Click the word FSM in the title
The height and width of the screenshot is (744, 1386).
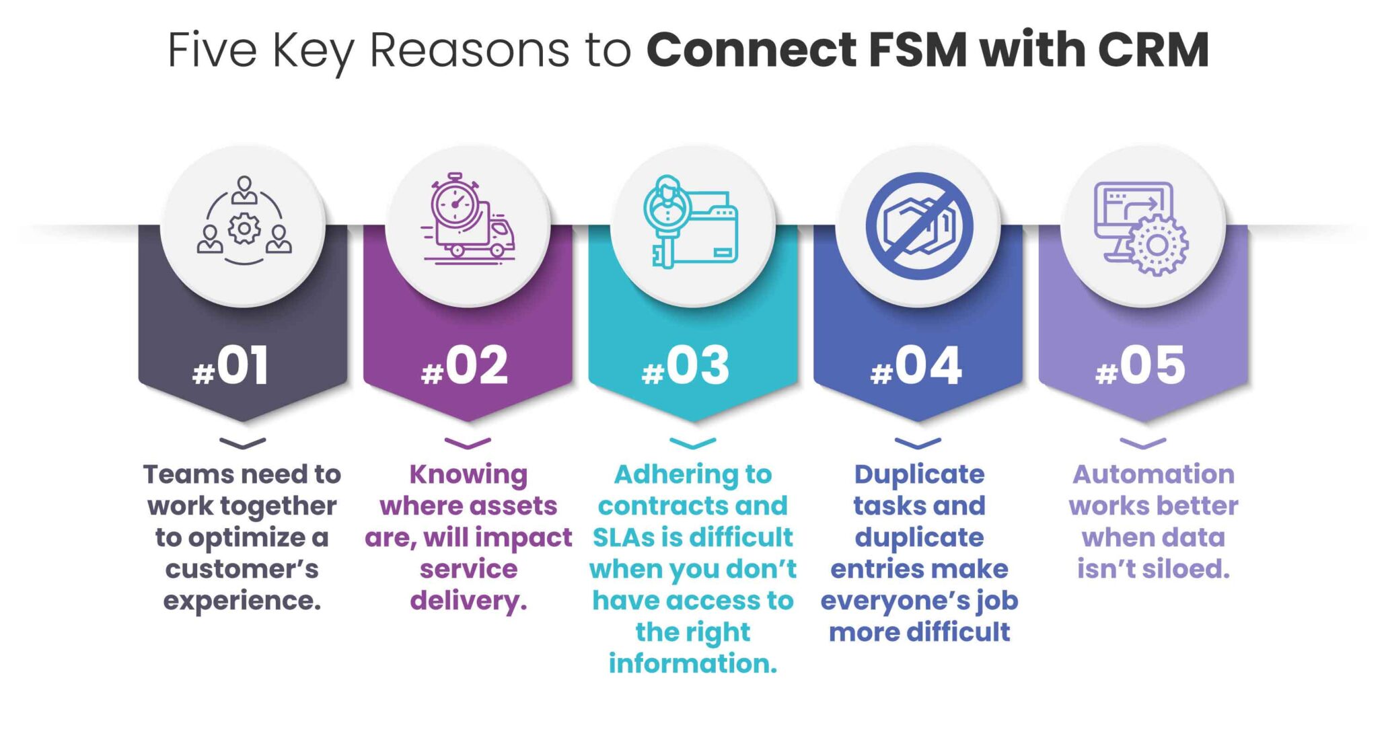918,50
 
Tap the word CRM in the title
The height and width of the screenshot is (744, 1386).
1153,50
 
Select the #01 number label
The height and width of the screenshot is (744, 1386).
231,367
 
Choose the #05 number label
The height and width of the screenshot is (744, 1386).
1141,367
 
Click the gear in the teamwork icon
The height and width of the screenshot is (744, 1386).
244,229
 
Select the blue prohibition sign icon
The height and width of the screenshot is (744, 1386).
919,226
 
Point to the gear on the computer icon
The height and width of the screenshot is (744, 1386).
1157,246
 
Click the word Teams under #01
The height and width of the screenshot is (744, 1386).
178,474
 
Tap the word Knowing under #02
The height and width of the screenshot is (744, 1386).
468,475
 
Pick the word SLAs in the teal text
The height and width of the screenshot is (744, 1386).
623,537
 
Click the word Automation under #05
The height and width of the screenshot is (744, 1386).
1153,474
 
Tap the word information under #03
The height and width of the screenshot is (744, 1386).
693,664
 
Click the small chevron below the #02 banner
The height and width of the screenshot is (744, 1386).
468,443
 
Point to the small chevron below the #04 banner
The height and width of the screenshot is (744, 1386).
918,443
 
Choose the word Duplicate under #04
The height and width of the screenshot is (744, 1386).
919,474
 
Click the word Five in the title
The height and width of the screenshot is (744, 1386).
213,50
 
